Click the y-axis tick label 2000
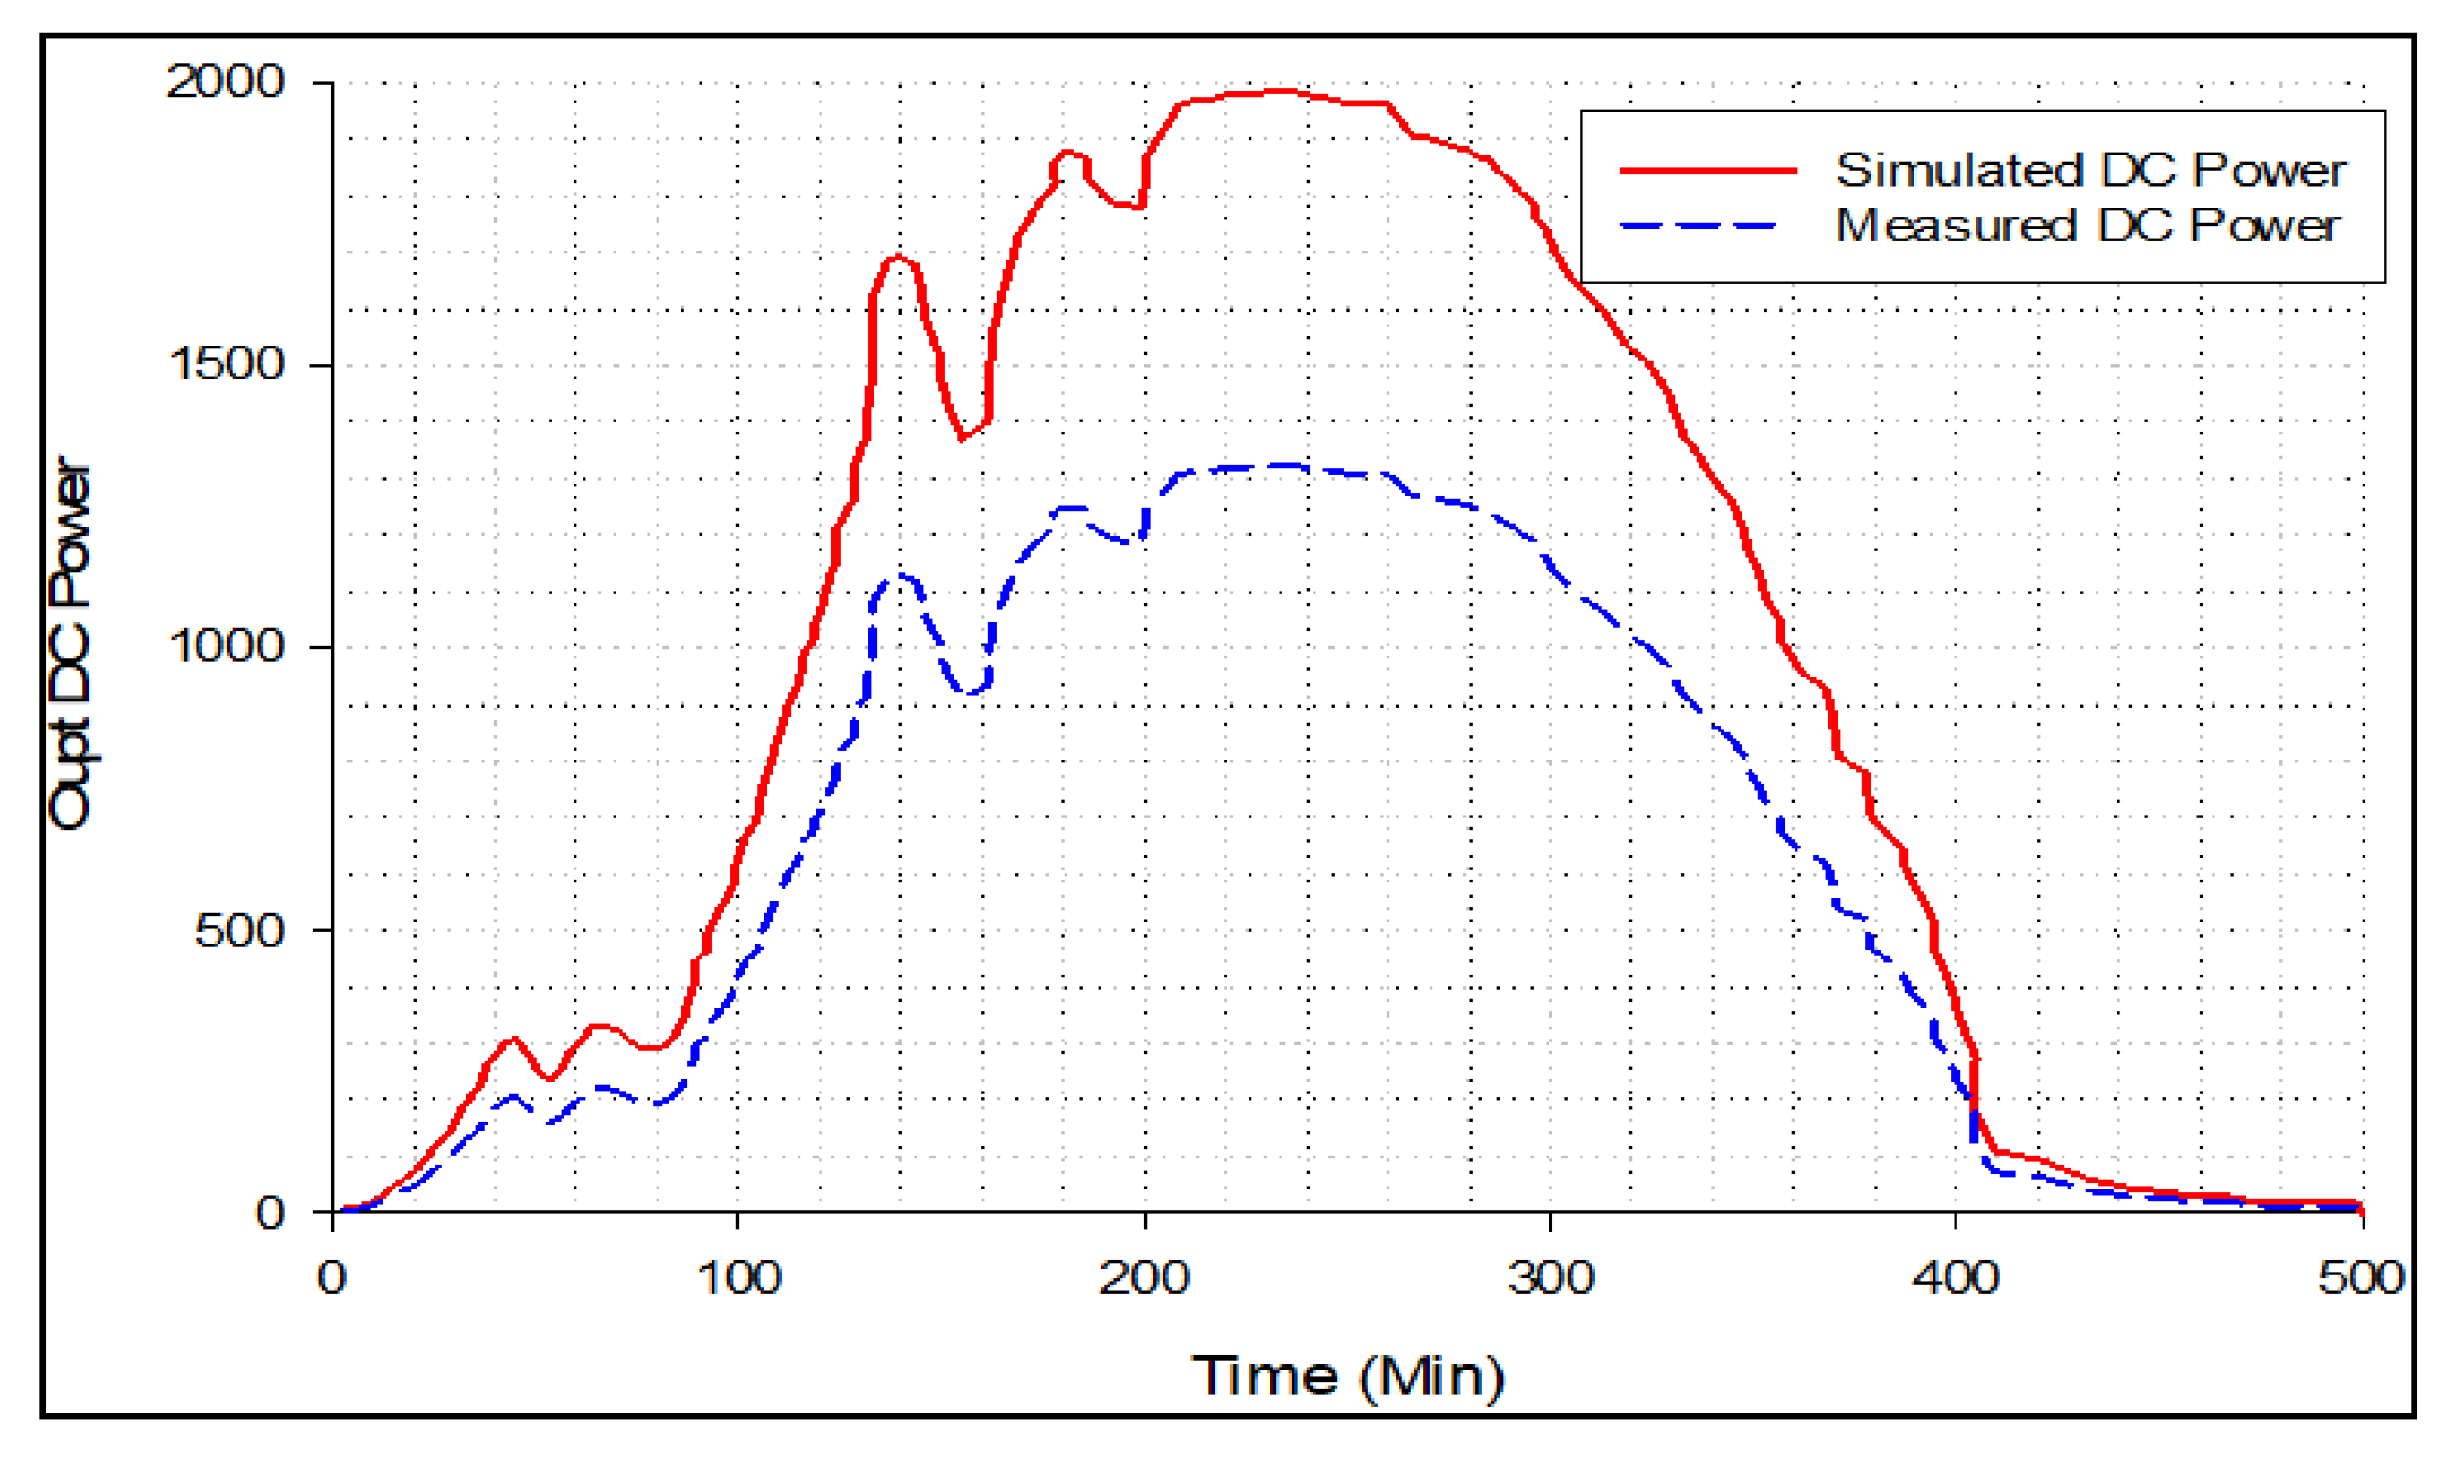[x=226, y=81]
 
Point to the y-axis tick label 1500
[x=227, y=364]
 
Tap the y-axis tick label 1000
[x=227, y=646]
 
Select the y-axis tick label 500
[x=240, y=931]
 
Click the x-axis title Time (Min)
[x=1347, y=1376]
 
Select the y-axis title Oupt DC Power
[x=71, y=645]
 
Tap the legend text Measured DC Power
[x=2086, y=226]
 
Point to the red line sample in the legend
[x=1709, y=170]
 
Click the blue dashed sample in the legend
[x=1699, y=226]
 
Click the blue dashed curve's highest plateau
[x=1281, y=465]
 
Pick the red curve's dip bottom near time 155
[x=963, y=436]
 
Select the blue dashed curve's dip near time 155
[x=970, y=692]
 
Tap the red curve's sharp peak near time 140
[x=896, y=258]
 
